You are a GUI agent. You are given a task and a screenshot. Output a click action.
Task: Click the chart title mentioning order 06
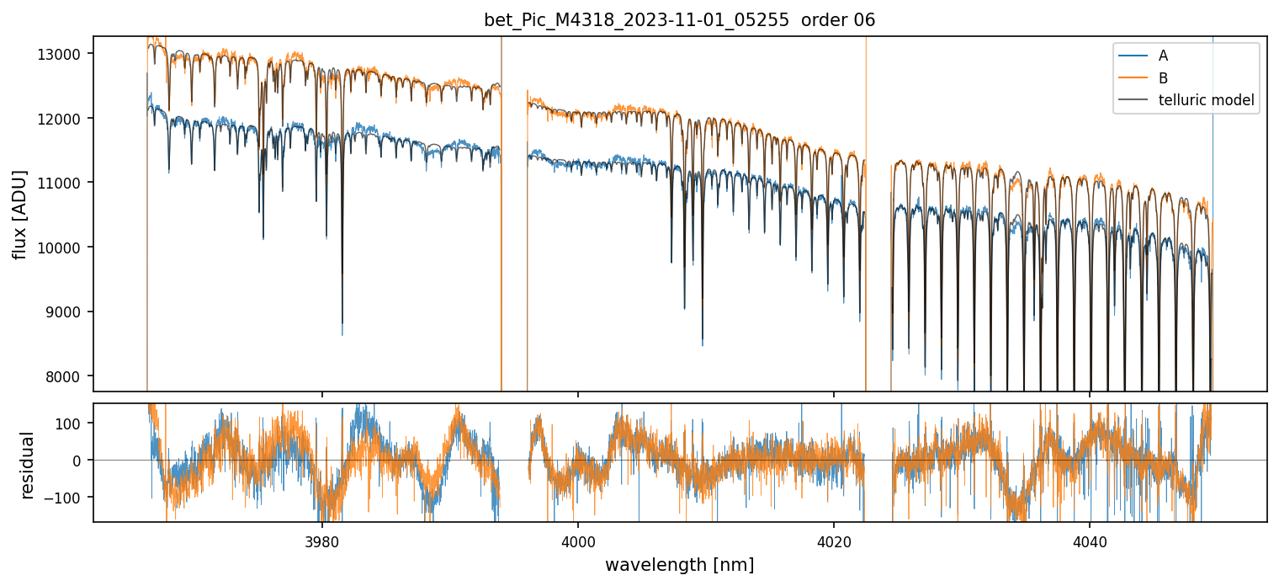(x=679, y=20)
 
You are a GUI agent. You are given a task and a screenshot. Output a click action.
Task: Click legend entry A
(x=1163, y=56)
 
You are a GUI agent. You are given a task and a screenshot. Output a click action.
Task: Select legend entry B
(x=1163, y=78)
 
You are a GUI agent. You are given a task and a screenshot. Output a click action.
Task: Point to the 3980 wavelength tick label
(x=322, y=537)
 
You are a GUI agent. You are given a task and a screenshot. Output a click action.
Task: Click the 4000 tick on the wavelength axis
(x=578, y=537)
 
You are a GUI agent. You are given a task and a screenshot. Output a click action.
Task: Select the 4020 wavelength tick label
(x=834, y=537)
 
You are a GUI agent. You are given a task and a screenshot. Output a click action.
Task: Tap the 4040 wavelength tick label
(x=1090, y=537)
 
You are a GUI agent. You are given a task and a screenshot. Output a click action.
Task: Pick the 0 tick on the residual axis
(x=82, y=461)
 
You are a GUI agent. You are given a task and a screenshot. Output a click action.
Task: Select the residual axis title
(x=28, y=464)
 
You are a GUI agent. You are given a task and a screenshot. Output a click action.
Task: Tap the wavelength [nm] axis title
(x=679, y=564)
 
